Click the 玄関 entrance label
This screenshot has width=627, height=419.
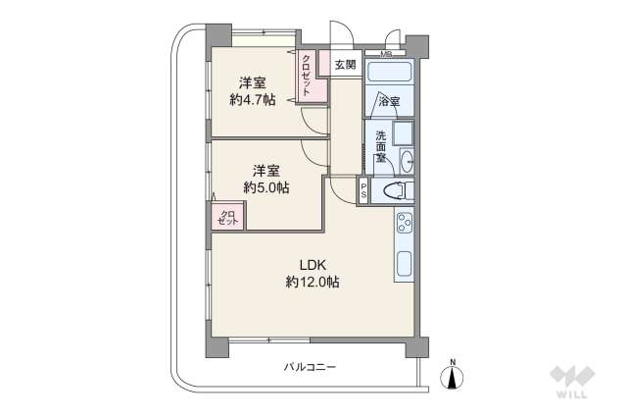coord(345,65)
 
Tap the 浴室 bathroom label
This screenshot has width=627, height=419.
coord(388,100)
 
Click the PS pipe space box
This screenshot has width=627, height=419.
coord(363,192)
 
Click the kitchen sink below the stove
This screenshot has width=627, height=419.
coord(404,265)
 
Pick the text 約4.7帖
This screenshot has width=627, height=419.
coord(254,99)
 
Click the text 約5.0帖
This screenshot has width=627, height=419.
coord(266,186)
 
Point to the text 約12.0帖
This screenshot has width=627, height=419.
coord(313,283)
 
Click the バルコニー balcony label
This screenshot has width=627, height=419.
coord(310,367)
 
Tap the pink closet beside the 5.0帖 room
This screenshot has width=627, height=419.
coord(226,216)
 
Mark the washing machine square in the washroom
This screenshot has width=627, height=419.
coord(403,132)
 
